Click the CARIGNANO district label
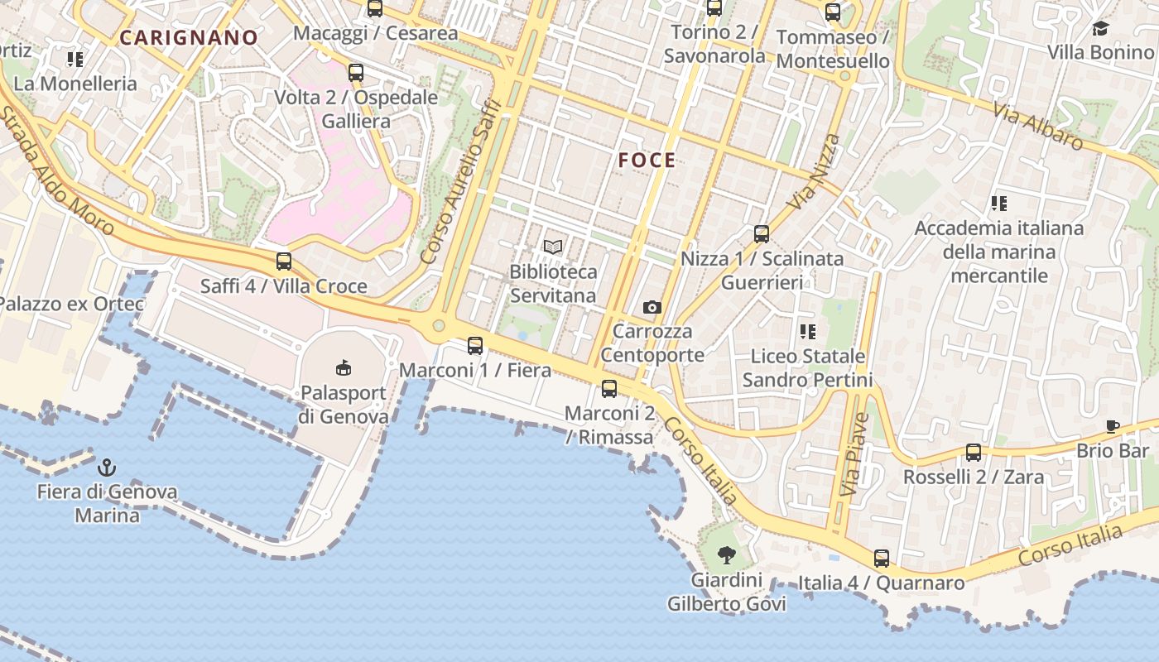coord(189,37)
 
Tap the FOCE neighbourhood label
coord(647,161)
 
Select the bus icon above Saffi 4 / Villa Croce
coord(284,262)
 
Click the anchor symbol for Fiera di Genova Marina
coord(106,467)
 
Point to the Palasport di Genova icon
coord(344,367)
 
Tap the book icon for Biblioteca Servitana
coord(553,247)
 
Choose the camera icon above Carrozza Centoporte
coord(652,308)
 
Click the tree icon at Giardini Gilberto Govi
coord(727,555)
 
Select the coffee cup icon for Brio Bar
coord(1112,427)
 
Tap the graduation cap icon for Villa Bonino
coord(1100,29)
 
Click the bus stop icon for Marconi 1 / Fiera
coord(475,346)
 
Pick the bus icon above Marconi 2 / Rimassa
coord(609,388)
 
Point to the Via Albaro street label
coord(1040,125)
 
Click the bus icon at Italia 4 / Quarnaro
coord(882,559)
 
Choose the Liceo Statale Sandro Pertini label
coord(807,368)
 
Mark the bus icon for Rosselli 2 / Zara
coord(974,453)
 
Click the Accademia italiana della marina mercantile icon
coord(998,203)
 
